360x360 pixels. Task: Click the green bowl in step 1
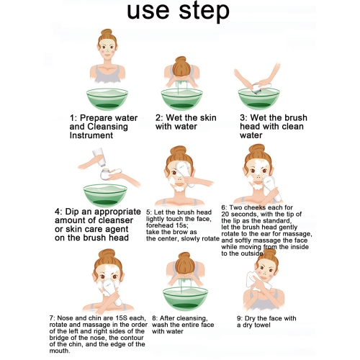107,99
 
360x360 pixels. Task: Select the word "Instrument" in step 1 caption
91,135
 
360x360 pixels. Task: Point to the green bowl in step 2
181,99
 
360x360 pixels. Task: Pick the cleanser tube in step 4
100,157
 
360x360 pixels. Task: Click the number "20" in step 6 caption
225,214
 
